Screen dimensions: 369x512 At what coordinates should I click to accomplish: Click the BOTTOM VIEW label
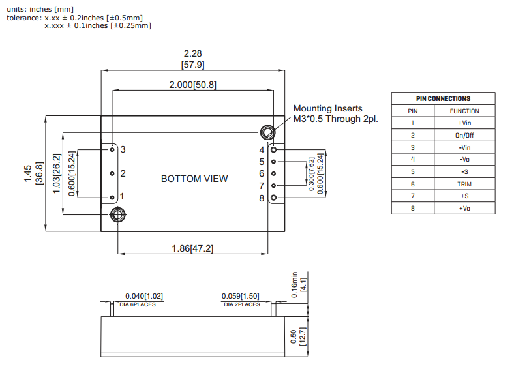[x=194, y=179]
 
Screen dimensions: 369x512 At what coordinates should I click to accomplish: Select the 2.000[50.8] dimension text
[x=192, y=85]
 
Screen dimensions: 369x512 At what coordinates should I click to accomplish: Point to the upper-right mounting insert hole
[x=267, y=132]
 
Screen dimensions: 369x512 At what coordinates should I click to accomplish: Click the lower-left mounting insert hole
[x=118, y=214]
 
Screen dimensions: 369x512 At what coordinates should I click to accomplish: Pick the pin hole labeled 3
[x=112, y=149]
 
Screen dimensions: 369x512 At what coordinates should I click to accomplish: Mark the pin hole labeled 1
[x=112, y=196]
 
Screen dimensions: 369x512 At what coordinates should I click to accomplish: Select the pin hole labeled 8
[x=274, y=198]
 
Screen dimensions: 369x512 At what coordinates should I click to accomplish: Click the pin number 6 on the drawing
[x=262, y=173]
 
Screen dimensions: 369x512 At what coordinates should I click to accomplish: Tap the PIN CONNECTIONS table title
[x=443, y=98]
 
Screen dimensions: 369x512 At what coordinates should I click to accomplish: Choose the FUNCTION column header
[x=464, y=111]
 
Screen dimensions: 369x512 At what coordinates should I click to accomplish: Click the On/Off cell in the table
[x=464, y=135]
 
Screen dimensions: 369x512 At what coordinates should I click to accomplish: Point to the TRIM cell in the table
[x=464, y=184]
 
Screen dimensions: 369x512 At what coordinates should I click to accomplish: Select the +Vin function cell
[x=464, y=123]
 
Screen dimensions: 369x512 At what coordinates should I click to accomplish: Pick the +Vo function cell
[x=464, y=208]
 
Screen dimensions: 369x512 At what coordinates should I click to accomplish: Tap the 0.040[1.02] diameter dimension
[x=144, y=296]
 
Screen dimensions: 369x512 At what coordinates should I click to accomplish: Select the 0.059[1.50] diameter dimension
[x=240, y=296]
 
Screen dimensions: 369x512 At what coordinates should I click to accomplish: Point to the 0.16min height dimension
[x=294, y=285]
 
